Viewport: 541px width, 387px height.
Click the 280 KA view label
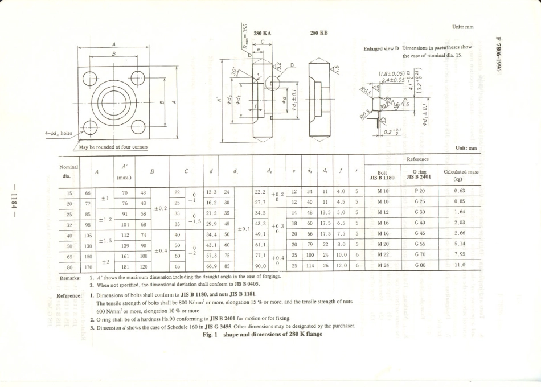(x=262, y=34)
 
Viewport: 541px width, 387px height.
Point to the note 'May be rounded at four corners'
(x=113, y=146)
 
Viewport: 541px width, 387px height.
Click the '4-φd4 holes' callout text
(x=59, y=134)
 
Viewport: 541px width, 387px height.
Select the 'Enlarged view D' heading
(x=381, y=48)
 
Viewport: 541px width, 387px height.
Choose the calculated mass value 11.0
(x=460, y=265)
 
